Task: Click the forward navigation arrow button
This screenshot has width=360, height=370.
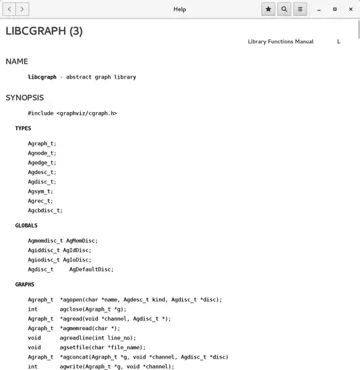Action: (x=23, y=9)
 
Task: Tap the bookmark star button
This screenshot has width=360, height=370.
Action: (x=268, y=9)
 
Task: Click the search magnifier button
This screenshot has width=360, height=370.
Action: (x=285, y=9)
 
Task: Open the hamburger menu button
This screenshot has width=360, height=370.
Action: (x=301, y=9)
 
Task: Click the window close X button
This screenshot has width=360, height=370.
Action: (x=351, y=9)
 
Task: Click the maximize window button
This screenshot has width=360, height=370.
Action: (x=335, y=9)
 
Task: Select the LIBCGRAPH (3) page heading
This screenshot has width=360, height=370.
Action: (x=44, y=31)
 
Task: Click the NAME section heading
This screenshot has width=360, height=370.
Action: (x=17, y=62)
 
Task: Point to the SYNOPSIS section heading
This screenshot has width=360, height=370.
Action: (x=25, y=98)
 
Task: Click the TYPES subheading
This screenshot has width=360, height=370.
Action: (x=23, y=128)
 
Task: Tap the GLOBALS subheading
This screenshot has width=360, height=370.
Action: (x=27, y=225)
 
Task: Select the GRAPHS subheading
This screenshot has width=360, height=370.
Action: (x=25, y=284)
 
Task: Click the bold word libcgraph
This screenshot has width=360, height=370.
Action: (x=42, y=77)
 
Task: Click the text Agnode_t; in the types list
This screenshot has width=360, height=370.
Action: (x=42, y=153)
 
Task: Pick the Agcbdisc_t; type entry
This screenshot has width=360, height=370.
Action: (x=45, y=211)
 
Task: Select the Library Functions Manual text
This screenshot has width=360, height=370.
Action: (x=281, y=42)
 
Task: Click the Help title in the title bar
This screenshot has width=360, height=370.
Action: (x=180, y=9)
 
